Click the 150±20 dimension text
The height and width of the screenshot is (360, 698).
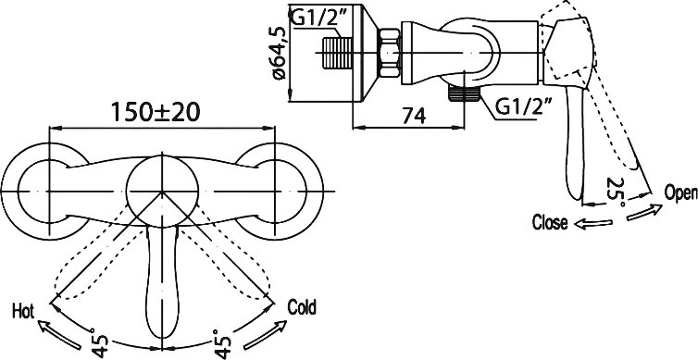pyautogui.click(x=156, y=112)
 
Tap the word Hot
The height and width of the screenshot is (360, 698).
pyautogui.click(x=23, y=311)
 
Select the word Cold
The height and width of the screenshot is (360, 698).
pyautogui.click(x=302, y=307)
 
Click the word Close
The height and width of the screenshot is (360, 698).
pyautogui.click(x=550, y=222)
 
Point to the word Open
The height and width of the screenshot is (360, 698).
pyautogui.click(x=680, y=193)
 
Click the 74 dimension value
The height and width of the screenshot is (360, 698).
pyautogui.click(x=414, y=116)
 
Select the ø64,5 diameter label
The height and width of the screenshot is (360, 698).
pyautogui.click(x=280, y=53)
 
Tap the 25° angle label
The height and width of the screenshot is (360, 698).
pyautogui.click(x=617, y=192)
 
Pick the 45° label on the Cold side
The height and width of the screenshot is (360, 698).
pyautogui.click(x=222, y=344)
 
